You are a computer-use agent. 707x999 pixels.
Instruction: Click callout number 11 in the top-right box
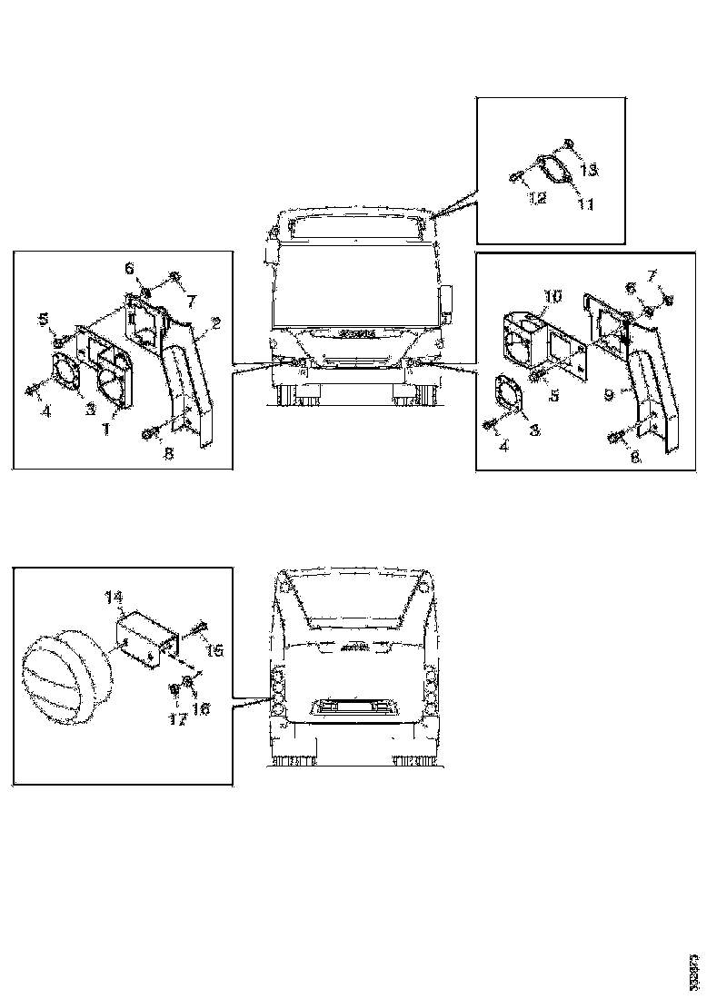(585, 205)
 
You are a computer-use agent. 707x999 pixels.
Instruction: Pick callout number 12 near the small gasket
(538, 197)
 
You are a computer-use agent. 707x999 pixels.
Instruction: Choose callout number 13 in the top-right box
(589, 170)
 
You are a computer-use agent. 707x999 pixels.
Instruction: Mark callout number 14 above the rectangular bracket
(113, 597)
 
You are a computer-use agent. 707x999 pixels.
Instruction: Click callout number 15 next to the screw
(215, 650)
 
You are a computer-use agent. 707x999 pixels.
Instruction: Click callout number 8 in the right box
(635, 459)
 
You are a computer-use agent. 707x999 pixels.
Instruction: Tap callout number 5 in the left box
(43, 319)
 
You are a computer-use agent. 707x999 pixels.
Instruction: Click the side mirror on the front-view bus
(447, 301)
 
